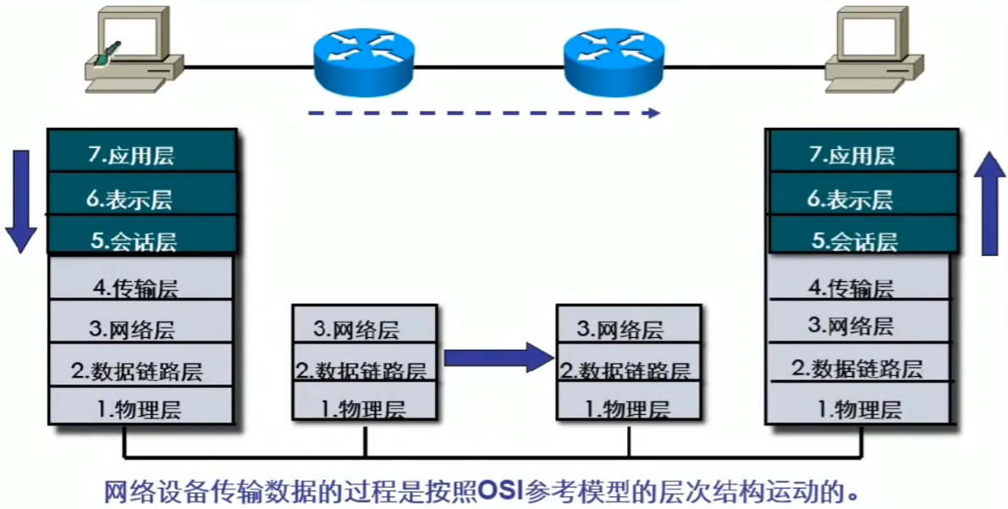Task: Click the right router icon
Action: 614,62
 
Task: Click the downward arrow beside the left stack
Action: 20,201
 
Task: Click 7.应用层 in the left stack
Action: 140,155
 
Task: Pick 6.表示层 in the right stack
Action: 862,200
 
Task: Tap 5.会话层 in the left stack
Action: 140,241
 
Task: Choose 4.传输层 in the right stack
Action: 862,288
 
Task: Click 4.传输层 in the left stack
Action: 140,285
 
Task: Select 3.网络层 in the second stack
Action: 365,329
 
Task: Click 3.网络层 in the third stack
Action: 628,329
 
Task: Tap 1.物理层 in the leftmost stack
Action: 140,410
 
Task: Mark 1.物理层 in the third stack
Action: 628,409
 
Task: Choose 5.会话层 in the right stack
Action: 862,241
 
